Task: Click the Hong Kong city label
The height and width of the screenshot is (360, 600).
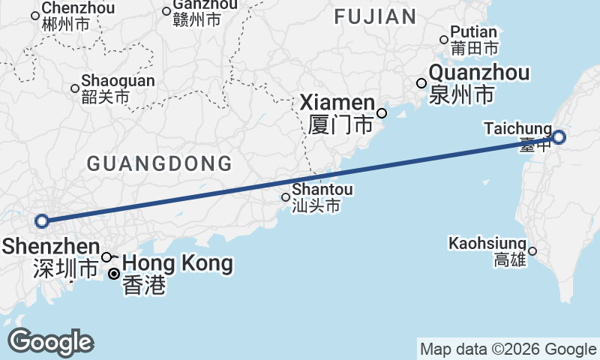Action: point(177,264)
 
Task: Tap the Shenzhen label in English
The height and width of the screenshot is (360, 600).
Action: point(51,247)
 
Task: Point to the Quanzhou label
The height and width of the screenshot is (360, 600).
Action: point(480,73)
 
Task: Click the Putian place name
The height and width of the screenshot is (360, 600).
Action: point(474,32)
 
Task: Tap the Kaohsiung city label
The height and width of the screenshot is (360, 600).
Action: point(487,244)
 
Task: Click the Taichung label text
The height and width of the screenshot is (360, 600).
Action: point(518,129)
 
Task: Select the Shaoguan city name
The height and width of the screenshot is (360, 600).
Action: point(118,81)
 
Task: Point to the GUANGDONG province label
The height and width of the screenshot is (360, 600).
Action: point(159,163)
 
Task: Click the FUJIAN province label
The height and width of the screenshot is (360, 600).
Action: point(375,16)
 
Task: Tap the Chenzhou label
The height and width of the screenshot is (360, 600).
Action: point(78,8)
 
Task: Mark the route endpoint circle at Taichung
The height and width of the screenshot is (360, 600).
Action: point(559,137)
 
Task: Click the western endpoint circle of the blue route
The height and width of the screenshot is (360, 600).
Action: point(42,220)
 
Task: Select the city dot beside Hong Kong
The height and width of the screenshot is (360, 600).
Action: point(113,274)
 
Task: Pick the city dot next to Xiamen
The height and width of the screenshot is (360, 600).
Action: point(382,113)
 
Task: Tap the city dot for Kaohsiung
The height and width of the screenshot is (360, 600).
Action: point(532,251)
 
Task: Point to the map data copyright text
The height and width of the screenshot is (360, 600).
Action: point(508,349)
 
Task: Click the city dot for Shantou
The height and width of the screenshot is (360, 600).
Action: point(286,198)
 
